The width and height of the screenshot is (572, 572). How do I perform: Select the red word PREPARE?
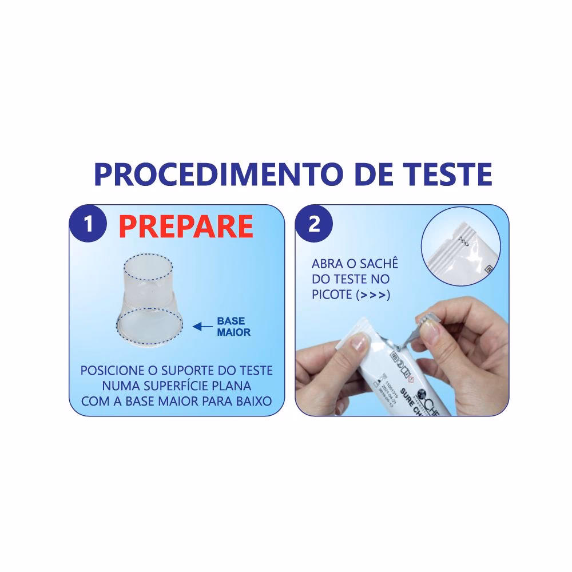[186, 226]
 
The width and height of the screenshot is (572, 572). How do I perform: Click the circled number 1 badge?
[88, 224]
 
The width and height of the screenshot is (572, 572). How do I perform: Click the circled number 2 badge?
[314, 224]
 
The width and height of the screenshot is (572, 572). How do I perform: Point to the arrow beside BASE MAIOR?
[202, 327]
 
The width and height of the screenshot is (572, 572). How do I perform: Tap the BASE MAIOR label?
[233, 327]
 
